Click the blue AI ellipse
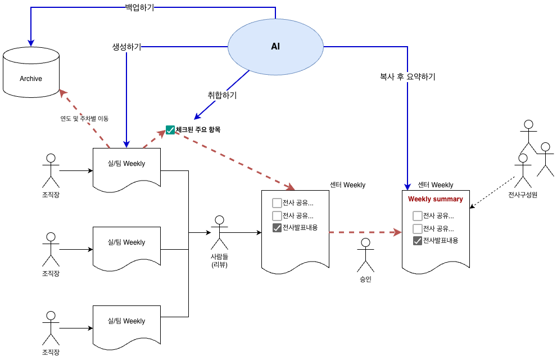point(275,47)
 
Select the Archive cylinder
point(31,72)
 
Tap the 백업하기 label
point(139,7)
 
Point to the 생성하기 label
point(127,47)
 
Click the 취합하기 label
point(222,95)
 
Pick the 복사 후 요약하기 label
point(407,76)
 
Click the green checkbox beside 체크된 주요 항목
point(170,130)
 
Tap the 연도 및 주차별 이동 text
point(84,118)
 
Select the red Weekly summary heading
point(436,199)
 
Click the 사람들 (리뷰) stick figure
point(220,232)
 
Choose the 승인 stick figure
point(365,255)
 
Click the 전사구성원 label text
point(523,195)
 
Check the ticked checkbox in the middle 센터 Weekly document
point(277,228)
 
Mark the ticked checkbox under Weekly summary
point(418,241)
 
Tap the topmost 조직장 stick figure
point(51,170)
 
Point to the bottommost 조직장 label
point(51,352)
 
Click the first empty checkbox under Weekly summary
point(418,215)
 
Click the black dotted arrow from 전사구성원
point(492,192)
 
